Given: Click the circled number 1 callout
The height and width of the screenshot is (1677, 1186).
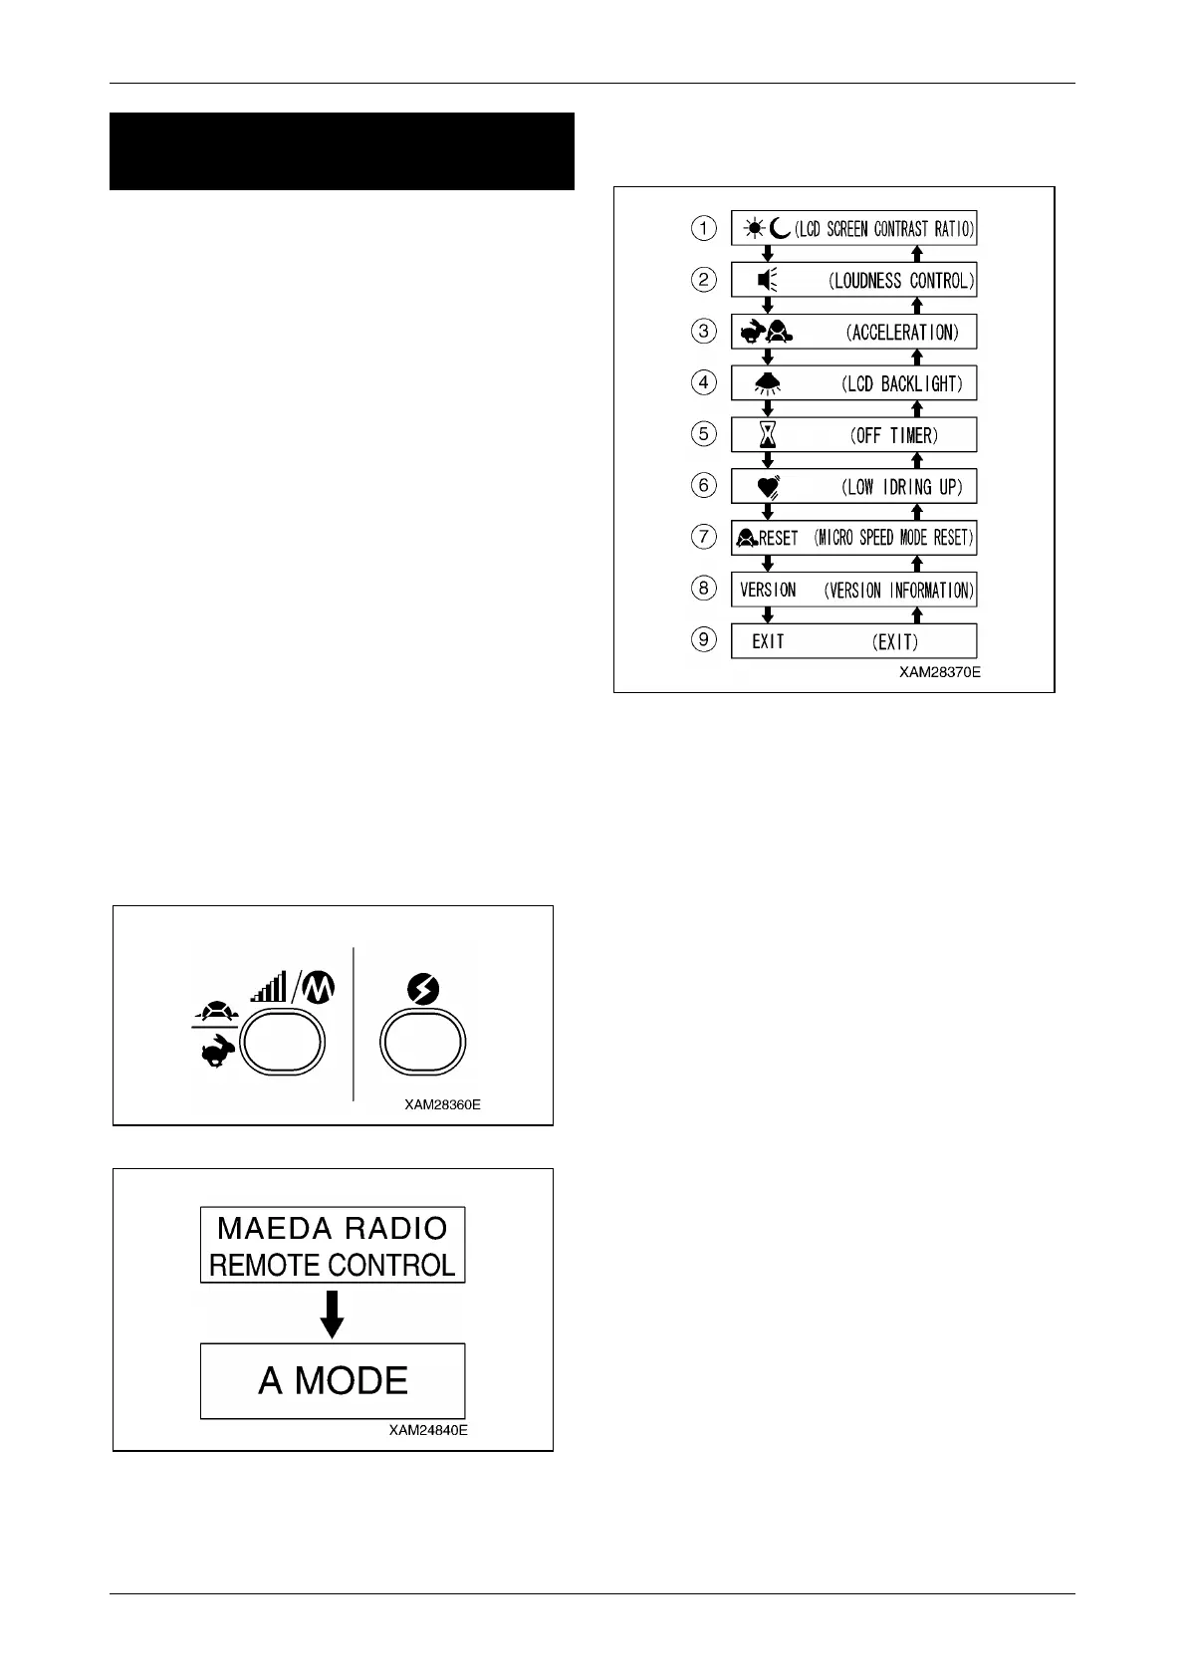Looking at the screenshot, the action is [704, 228].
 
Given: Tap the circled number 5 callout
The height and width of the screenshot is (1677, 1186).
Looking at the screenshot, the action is [704, 434].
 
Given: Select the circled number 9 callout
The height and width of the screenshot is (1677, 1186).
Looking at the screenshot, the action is [704, 638].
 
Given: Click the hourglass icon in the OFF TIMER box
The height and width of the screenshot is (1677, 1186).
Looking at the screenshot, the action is [767, 435].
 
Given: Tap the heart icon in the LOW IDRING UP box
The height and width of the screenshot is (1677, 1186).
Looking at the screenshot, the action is [768, 487].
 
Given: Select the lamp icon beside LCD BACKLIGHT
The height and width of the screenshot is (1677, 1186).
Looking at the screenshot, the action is [767, 383].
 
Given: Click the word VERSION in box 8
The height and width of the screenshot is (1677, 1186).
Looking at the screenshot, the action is [768, 590].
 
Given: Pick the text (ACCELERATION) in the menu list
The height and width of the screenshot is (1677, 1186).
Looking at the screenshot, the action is [902, 333].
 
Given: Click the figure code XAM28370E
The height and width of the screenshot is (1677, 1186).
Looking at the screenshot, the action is [939, 672].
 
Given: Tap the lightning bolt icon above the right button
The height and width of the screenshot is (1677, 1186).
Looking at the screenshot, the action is [423, 989].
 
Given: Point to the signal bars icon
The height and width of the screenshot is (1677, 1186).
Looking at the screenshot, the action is [269, 987].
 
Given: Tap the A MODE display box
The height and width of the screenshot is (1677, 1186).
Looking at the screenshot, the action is [333, 1380].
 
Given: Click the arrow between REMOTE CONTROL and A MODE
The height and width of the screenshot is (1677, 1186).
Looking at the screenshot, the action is [333, 1314].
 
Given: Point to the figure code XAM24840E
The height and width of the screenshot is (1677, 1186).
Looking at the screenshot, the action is [428, 1430].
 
